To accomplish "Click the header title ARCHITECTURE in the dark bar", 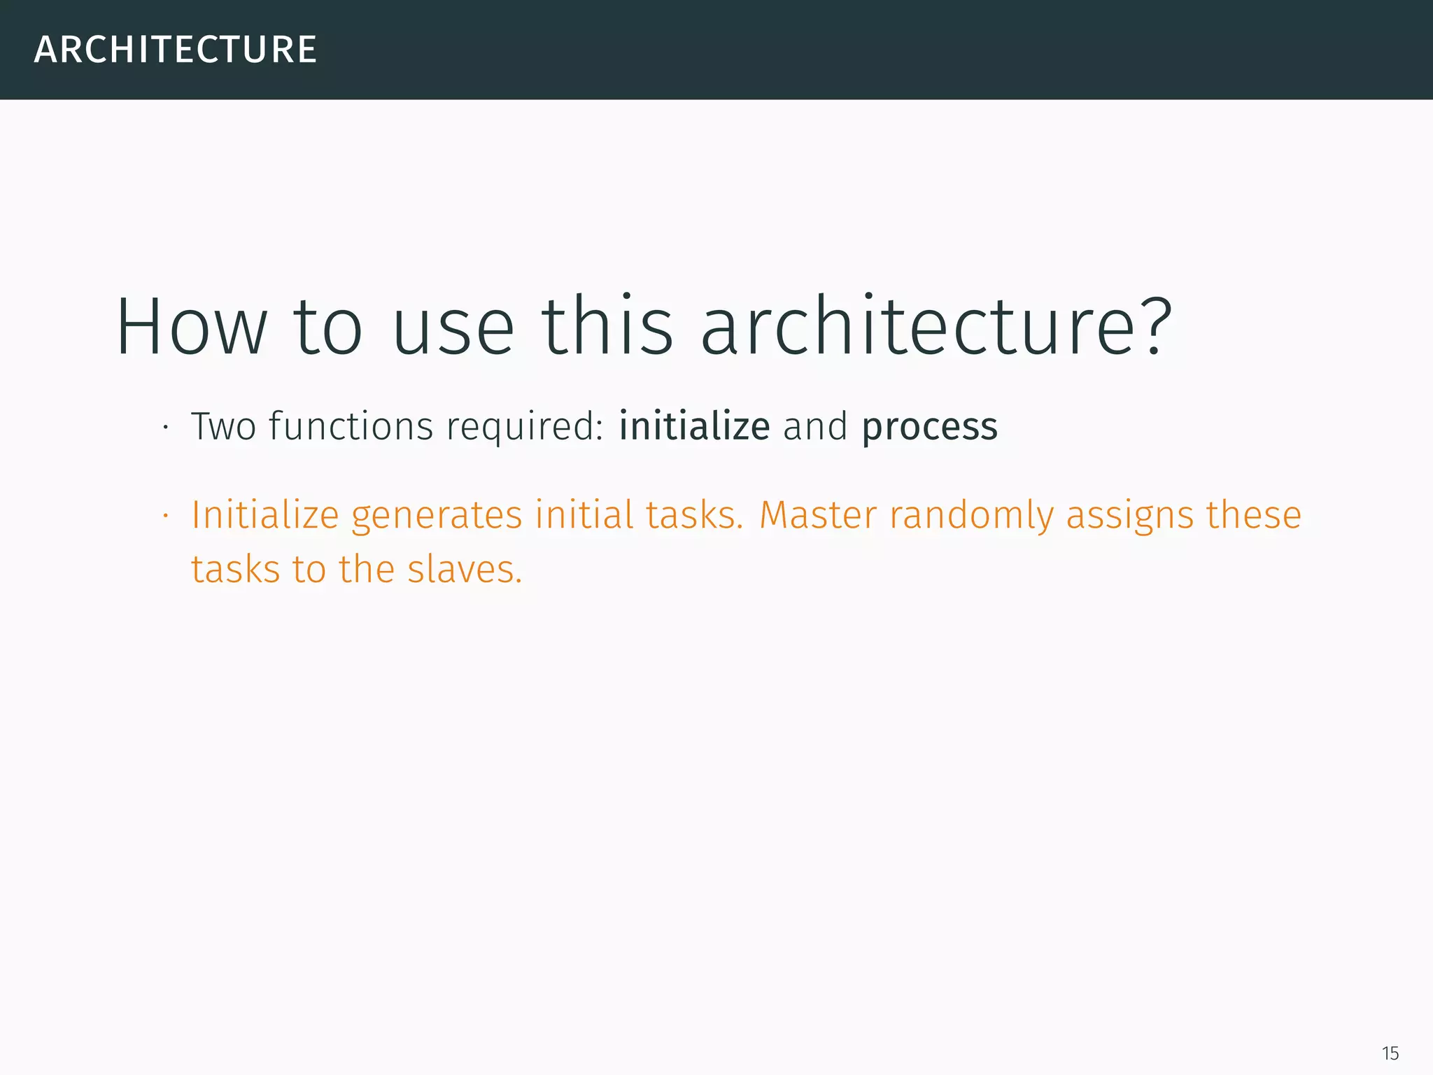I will [x=176, y=50].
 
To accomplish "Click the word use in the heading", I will [x=453, y=327].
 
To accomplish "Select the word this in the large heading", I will [x=607, y=327].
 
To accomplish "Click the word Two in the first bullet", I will [x=223, y=426].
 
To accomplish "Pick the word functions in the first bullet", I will [x=351, y=426].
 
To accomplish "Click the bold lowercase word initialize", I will [x=694, y=426].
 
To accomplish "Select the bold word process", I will [x=929, y=428].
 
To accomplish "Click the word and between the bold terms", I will [x=815, y=426].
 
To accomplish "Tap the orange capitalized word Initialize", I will [x=265, y=516].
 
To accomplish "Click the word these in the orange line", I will [x=1254, y=516].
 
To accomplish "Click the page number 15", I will [x=1390, y=1053].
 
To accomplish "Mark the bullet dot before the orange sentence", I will [x=166, y=517].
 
